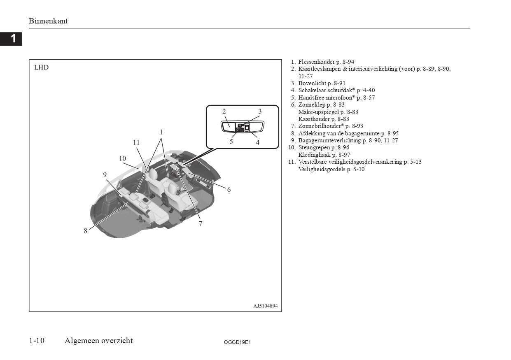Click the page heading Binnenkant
click(x=48, y=21)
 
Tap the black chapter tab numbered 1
click(x=11, y=39)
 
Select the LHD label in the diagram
click(x=41, y=67)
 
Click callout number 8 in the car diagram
click(x=86, y=231)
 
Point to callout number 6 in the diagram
click(x=229, y=189)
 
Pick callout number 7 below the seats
click(x=200, y=224)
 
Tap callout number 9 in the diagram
click(x=105, y=174)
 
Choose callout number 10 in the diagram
click(x=123, y=158)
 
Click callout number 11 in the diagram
click(x=136, y=142)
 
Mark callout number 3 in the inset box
click(x=260, y=111)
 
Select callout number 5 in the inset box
click(x=231, y=142)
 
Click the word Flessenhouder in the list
click(x=316, y=62)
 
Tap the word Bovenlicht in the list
click(x=312, y=83)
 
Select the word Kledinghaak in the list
click(x=314, y=155)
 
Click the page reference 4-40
click(x=369, y=90)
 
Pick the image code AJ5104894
click(x=265, y=306)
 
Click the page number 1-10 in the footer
click(x=37, y=340)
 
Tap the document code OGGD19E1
click(x=237, y=342)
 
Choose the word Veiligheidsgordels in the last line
click(x=322, y=169)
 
